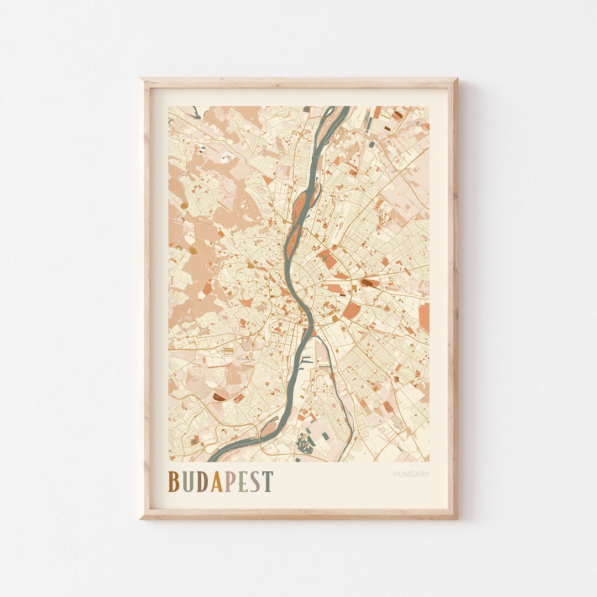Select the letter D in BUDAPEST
tap(203, 481)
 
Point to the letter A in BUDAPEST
tap(217, 481)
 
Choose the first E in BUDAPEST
tap(243, 481)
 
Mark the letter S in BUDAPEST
tap(255, 481)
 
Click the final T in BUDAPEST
tap(268, 481)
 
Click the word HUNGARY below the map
tap(411, 474)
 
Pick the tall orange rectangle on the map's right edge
tap(424, 317)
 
